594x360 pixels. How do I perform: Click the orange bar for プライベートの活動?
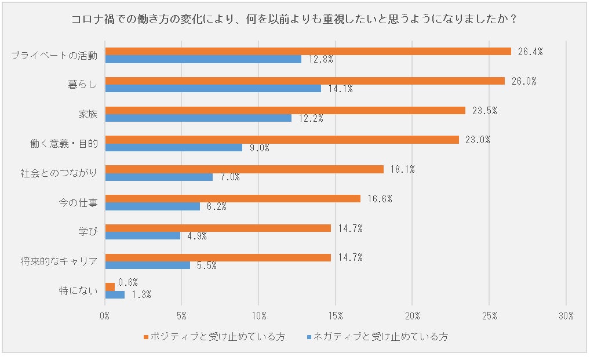(x=308, y=51)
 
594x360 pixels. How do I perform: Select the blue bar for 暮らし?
(x=213, y=88)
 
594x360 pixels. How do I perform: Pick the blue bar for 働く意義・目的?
(x=174, y=147)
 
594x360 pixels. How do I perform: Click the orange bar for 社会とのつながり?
(x=244, y=169)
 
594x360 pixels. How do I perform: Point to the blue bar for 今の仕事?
(x=152, y=206)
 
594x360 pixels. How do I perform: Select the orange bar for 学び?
(x=218, y=228)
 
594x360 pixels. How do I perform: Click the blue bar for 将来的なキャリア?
(x=147, y=265)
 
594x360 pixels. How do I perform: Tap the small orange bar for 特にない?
(x=110, y=287)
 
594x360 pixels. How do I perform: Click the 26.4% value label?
(x=530, y=52)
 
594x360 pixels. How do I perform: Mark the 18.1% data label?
(x=402, y=169)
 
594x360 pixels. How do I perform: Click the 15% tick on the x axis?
(x=336, y=316)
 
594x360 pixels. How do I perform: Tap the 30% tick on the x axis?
(x=566, y=316)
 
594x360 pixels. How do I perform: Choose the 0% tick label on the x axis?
(x=105, y=316)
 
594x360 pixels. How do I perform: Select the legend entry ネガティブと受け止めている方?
(x=377, y=337)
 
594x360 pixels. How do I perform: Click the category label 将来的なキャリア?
(x=59, y=260)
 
